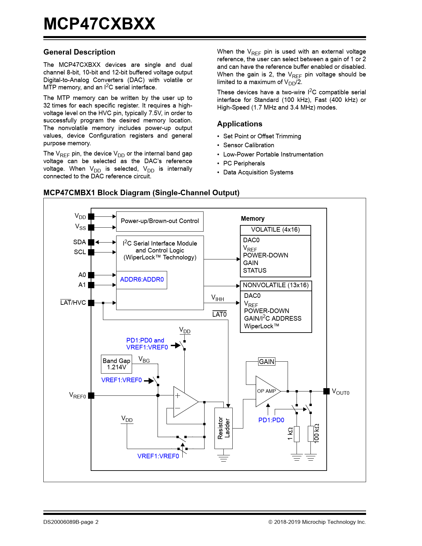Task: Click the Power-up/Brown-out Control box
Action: (160, 221)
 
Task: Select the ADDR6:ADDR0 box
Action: (142, 280)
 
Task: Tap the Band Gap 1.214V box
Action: (117, 364)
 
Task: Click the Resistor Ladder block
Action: (223, 428)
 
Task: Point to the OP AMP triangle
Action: (267, 391)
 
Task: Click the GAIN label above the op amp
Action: (267, 362)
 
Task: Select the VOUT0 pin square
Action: (326, 391)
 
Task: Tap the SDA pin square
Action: (91, 242)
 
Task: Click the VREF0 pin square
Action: (91, 395)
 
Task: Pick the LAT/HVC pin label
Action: (73, 303)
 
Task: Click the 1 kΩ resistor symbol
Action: (297, 434)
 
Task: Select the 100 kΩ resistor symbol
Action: (310, 434)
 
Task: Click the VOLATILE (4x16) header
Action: (275, 230)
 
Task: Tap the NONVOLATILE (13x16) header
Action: (276, 285)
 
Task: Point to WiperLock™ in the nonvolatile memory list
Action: (261, 326)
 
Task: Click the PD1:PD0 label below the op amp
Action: (271, 420)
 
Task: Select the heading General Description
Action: (79, 52)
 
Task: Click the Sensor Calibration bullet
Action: (249, 145)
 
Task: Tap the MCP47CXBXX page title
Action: (99, 24)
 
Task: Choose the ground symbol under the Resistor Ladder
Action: (223, 458)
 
